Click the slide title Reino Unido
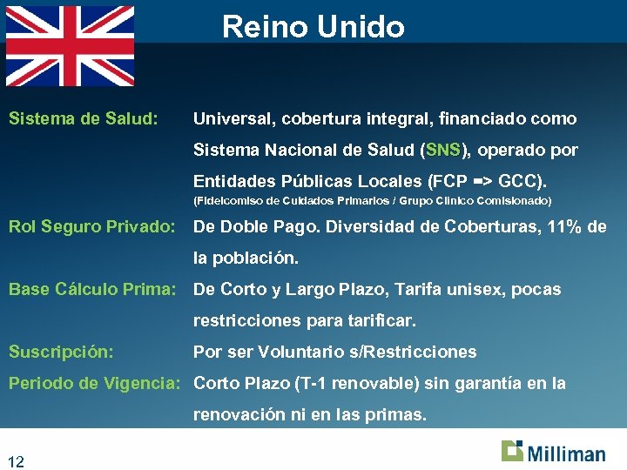(x=313, y=27)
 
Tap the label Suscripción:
(x=61, y=352)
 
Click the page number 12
(x=16, y=461)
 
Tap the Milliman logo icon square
(x=512, y=451)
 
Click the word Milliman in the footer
(x=565, y=453)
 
